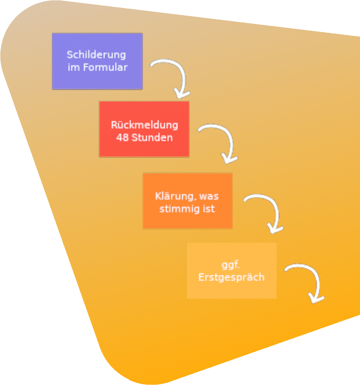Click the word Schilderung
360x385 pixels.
(x=96, y=55)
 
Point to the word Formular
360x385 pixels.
(x=105, y=67)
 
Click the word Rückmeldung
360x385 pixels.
(x=144, y=125)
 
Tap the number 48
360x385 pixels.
(x=122, y=138)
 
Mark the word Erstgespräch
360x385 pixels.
(x=231, y=277)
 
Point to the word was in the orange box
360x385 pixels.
(x=208, y=197)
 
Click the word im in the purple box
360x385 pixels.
(x=74, y=67)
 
